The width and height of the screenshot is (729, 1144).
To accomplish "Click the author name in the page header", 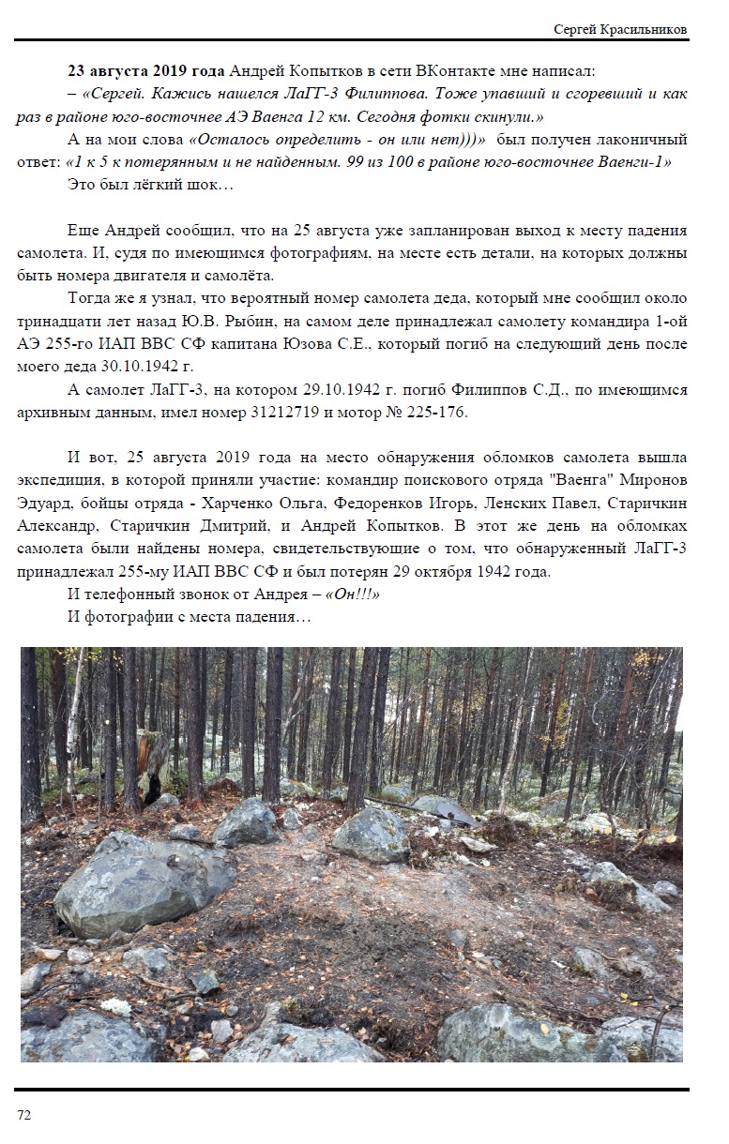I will [x=622, y=29].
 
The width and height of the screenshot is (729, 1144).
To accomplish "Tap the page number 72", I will [x=24, y=1114].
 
